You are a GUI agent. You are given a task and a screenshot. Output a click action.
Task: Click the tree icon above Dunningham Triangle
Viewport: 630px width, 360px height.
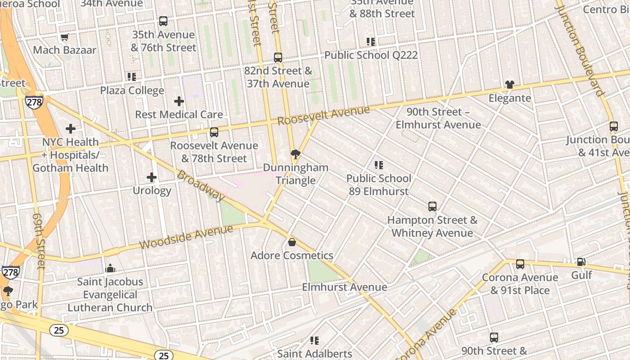296,155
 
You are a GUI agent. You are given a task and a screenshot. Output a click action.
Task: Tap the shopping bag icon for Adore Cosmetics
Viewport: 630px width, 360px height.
292,243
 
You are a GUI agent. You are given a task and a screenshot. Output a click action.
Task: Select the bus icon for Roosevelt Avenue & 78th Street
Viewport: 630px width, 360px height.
214,132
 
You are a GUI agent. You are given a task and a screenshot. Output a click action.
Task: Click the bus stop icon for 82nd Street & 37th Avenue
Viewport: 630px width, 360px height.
278,58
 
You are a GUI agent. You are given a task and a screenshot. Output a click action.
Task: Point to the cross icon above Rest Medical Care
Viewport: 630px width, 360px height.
179,101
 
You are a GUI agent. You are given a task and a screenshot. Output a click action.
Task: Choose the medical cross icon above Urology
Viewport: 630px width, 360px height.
152,177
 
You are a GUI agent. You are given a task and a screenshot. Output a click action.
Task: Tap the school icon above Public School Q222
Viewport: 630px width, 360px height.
371,42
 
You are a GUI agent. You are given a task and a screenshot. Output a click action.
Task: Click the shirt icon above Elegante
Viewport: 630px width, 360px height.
509,85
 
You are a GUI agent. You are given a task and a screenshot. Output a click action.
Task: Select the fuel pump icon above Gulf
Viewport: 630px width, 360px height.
581,261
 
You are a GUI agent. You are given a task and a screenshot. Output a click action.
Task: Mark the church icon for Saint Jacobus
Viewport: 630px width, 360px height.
110,269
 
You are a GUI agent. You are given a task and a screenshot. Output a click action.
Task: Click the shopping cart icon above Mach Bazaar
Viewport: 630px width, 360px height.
64,37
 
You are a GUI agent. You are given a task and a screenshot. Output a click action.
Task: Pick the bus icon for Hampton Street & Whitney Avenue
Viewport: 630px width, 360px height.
432,207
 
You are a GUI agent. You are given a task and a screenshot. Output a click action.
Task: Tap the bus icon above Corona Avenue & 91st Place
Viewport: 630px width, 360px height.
520,264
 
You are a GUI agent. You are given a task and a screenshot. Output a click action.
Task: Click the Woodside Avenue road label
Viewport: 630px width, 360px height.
186,237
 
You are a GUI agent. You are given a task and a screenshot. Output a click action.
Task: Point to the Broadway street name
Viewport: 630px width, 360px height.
201,185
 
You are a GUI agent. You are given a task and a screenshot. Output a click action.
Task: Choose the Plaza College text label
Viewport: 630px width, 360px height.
132,90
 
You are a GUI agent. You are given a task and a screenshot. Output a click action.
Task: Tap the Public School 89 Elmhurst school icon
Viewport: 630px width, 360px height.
379,165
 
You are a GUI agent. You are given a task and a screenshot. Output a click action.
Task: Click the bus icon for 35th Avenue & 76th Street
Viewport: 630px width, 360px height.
163,21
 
